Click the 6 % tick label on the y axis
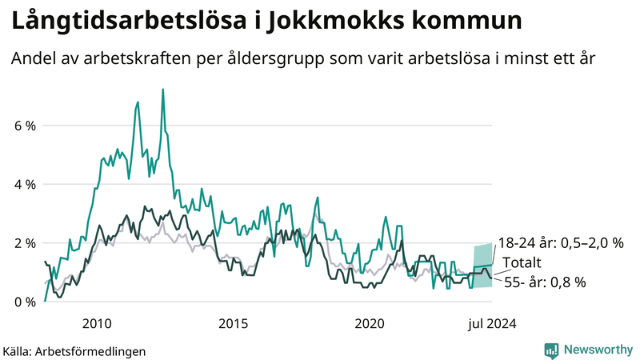[23, 126]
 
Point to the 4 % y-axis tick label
[23, 184]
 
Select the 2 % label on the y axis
[23, 243]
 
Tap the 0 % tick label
[23, 302]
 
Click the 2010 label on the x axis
[97, 323]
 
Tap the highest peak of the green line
[163, 90]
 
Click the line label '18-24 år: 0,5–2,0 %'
[560, 243]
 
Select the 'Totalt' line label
[522, 263]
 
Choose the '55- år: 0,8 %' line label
[545, 282]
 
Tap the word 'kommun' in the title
[463, 22]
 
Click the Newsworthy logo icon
[551, 350]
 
